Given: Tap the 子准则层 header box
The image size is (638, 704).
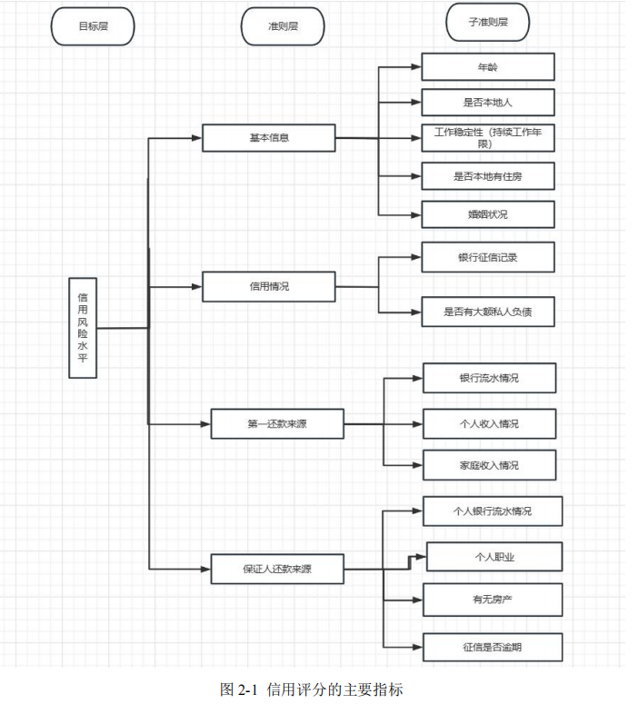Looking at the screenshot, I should (x=488, y=23).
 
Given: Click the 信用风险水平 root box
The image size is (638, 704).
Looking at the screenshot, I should (x=83, y=328).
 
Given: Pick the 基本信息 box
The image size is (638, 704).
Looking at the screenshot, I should (x=269, y=138).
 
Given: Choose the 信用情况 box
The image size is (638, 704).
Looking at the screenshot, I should (x=269, y=286).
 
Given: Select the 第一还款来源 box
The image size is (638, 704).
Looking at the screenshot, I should (x=277, y=423).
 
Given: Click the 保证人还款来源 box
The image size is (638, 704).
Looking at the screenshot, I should (x=277, y=569).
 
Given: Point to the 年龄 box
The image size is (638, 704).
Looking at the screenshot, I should (x=487, y=67).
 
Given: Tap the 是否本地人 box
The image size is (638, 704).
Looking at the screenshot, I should (x=487, y=102).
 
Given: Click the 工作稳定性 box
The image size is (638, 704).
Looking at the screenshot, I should (x=487, y=138).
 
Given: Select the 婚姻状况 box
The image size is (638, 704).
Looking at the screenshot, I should (x=487, y=214).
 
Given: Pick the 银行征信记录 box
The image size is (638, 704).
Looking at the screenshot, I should (x=487, y=257).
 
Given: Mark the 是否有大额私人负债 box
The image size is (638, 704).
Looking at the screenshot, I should (x=487, y=312).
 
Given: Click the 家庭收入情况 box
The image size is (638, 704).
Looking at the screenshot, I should (x=489, y=465).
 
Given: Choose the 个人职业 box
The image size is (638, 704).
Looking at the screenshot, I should (x=494, y=557).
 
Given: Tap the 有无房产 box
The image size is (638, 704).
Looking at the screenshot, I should (x=493, y=600).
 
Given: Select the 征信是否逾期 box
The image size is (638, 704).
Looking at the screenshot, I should (x=493, y=647).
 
